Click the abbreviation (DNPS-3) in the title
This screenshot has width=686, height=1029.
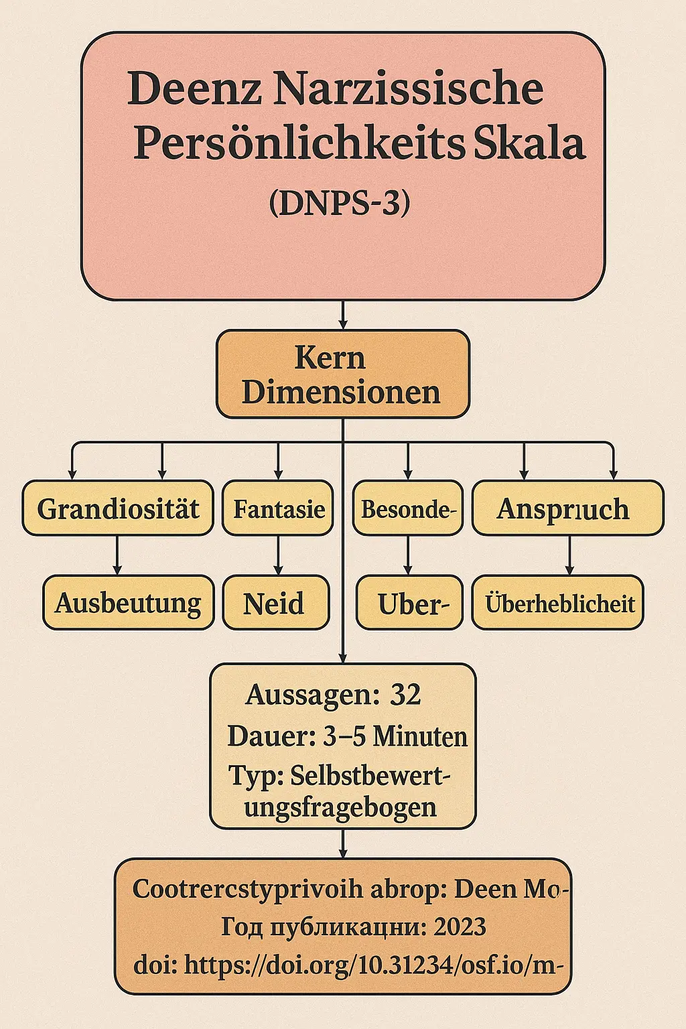340,203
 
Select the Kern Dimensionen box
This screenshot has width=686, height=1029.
342,374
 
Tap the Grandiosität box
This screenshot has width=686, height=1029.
118,508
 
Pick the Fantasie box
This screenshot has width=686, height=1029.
278,508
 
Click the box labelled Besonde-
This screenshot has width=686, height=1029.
408,508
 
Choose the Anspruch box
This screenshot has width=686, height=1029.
568,508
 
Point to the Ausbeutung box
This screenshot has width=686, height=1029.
128,602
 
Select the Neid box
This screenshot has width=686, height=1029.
275,603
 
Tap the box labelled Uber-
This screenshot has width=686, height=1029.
409,603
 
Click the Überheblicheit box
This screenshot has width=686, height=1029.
558,603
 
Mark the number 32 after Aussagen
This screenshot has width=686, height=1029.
405,695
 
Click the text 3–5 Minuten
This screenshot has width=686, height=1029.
395,736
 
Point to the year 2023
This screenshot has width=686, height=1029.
460,927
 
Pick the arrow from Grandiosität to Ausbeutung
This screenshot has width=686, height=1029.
117,555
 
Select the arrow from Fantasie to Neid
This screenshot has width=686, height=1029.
278,555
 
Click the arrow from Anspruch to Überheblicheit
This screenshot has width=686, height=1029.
569,555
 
